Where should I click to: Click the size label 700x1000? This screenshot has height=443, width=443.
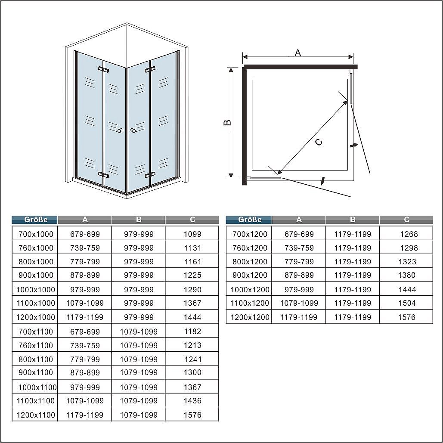36,234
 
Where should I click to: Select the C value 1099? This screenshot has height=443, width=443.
192,234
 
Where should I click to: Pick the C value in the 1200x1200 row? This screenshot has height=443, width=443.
406,317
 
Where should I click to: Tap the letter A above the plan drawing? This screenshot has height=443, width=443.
298,53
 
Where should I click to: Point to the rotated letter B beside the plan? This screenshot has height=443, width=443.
227,123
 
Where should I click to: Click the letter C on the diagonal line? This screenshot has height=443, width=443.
319,143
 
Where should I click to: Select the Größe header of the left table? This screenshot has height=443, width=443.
36,220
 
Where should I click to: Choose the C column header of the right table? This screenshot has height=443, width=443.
406,220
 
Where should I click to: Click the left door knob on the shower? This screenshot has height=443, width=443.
121,130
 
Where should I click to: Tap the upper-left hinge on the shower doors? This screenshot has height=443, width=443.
103,69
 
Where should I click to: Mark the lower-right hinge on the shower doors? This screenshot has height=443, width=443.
150,175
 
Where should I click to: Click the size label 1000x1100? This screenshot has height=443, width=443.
37,387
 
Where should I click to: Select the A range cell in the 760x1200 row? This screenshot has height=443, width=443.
299,248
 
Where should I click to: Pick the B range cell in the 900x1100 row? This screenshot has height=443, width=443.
139,372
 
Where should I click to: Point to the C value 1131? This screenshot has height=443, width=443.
193,248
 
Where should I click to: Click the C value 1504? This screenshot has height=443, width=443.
406,303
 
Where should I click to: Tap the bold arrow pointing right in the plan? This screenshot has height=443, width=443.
354,145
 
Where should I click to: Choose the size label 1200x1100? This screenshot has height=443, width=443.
36,415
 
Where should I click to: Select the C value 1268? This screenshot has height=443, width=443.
409,234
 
